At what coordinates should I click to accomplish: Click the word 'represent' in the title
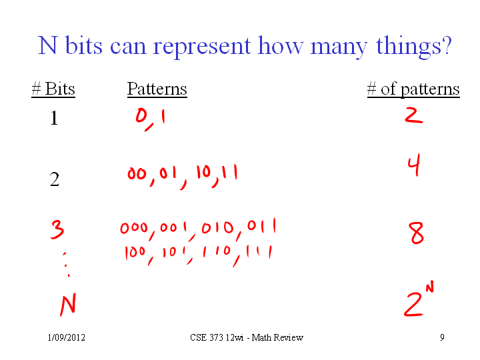(202, 47)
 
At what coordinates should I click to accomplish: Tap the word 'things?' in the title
(414, 46)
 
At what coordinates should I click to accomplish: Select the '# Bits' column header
(53, 89)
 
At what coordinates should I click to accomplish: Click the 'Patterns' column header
(157, 89)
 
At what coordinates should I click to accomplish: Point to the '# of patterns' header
(413, 89)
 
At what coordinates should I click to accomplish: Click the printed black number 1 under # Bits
(54, 118)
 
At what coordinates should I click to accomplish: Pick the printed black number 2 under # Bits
(55, 179)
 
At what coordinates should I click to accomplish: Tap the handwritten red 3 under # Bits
(57, 229)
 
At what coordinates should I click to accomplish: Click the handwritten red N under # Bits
(68, 305)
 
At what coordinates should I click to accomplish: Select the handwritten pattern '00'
(137, 174)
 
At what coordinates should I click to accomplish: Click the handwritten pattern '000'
(134, 228)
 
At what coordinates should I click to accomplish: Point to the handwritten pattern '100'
(135, 253)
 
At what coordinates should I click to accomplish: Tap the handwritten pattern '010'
(217, 228)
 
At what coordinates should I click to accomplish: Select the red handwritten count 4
(414, 165)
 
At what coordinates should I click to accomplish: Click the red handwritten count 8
(416, 233)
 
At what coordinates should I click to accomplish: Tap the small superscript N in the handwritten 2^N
(430, 287)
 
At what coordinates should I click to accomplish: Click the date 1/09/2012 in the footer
(67, 337)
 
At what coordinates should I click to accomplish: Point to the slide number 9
(443, 337)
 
